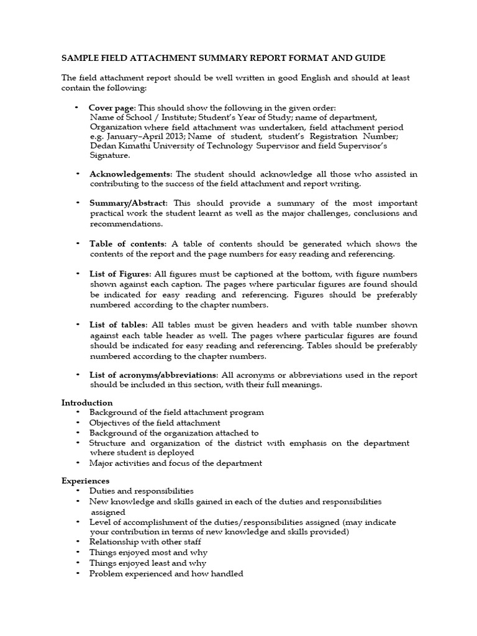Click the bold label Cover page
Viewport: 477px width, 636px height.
click(112, 107)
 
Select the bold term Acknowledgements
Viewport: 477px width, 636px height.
click(129, 174)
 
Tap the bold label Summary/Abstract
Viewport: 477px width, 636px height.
click(129, 203)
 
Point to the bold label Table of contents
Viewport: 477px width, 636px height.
click(127, 243)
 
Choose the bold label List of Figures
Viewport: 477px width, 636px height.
click(120, 274)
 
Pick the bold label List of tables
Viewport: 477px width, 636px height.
click(118, 325)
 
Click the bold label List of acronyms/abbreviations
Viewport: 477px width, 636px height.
click(153, 375)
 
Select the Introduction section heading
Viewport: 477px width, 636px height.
click(87, 402)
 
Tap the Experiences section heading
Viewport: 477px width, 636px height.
click(85, 481)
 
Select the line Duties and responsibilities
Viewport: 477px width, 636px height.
click(142, 491)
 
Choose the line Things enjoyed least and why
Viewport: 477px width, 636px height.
click(148, 563)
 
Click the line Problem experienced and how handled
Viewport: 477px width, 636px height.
click(166, 574)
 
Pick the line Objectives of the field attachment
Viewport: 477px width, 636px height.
click(155, 422)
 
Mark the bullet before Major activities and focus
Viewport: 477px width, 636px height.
click(78, 463)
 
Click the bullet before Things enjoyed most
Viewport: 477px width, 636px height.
click(78, 552)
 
